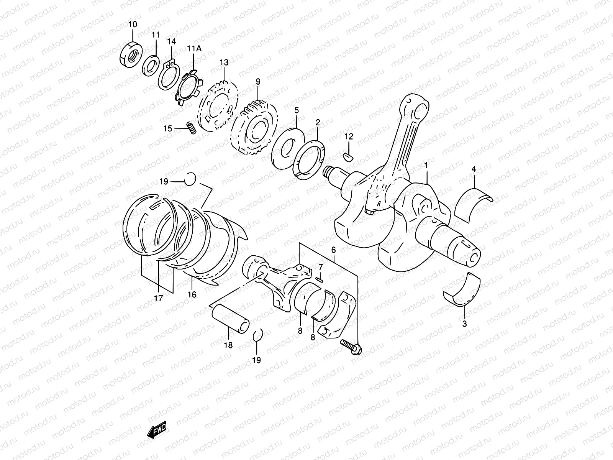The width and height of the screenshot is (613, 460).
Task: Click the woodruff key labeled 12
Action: pyautogui.click(x=349, y=156)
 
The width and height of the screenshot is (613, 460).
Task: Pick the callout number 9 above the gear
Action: pyautogui.click(x=258, y=81)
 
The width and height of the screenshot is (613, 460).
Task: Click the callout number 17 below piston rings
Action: pyautogui.click(x=159, y=298)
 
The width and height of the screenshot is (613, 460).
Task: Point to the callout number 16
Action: pyautogui.click(x=192, y=294)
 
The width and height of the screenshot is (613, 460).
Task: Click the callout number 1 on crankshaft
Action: pyautogui.click(x=425, y=165)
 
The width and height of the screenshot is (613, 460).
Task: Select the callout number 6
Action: pyautogui.click(x=333, y=250)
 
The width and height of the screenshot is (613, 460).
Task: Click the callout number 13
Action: pyautogui.click(x=224, y=62)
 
